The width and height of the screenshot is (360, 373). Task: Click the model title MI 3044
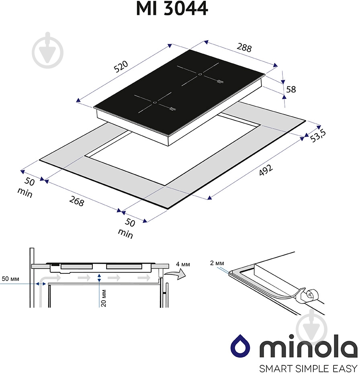coord(172,9)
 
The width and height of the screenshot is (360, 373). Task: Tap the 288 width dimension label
coord(244,47)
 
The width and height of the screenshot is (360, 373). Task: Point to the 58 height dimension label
coord(290,89)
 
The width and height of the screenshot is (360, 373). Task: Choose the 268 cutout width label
coord(76,201)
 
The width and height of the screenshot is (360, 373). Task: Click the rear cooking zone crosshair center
coord(200,74)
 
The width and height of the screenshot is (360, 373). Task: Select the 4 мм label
coord(183,264)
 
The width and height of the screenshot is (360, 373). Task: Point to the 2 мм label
coord(217,264)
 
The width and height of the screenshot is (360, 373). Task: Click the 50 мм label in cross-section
coord(10,279)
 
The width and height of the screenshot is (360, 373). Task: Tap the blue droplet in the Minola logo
coord(239,345)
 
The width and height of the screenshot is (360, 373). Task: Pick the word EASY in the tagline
coord(342,368)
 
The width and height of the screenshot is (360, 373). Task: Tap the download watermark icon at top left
coord(47,50)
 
